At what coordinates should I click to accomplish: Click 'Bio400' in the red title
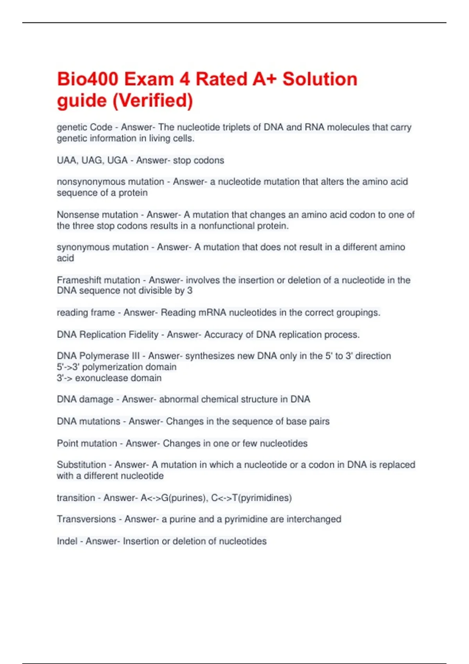click(87, 79)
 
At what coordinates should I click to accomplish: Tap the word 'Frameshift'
click(77, 280)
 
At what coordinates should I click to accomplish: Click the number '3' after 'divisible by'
click(190, 291)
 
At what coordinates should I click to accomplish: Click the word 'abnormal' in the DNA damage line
click(179, 400)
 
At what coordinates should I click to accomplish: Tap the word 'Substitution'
click(81, 465)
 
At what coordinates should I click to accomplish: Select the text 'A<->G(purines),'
click(174, 498)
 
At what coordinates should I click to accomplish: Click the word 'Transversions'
click(86, 519)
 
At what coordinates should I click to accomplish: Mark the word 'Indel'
click(67, 541)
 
